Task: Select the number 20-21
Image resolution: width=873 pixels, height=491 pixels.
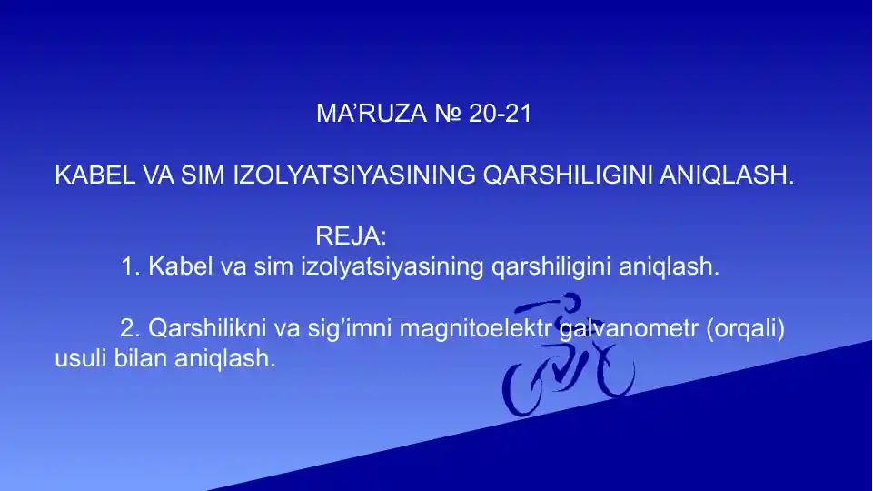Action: point(501,115)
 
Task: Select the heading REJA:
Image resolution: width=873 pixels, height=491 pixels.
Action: point(351,237)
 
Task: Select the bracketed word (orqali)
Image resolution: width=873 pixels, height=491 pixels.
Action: point(745,328)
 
